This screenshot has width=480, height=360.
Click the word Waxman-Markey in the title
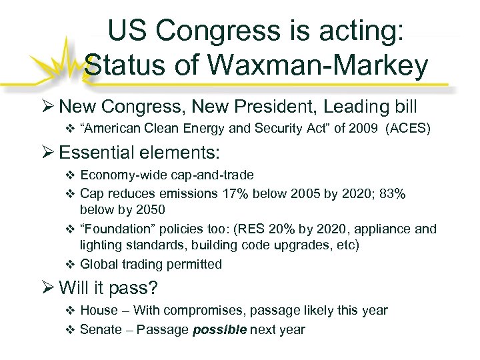pyautogui.click(x=329, y=66)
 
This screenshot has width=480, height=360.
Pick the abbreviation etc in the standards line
pyautogui.click(x=346, y=246)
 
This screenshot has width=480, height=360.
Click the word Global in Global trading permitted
pyautogui.click(x=98, y=264)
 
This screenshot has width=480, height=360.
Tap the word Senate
pyautogui.click(x=101, y=329)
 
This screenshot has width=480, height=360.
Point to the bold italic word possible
pyautogui.click(x=219, y=329)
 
